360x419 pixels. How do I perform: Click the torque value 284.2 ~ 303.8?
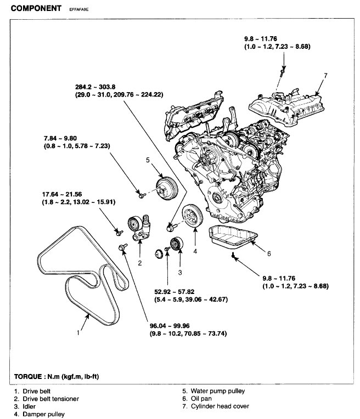(99, 87)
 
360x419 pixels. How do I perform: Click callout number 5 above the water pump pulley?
(147, 160)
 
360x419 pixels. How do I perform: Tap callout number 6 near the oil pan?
(269, 253)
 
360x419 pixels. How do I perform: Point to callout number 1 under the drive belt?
(79, 332)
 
